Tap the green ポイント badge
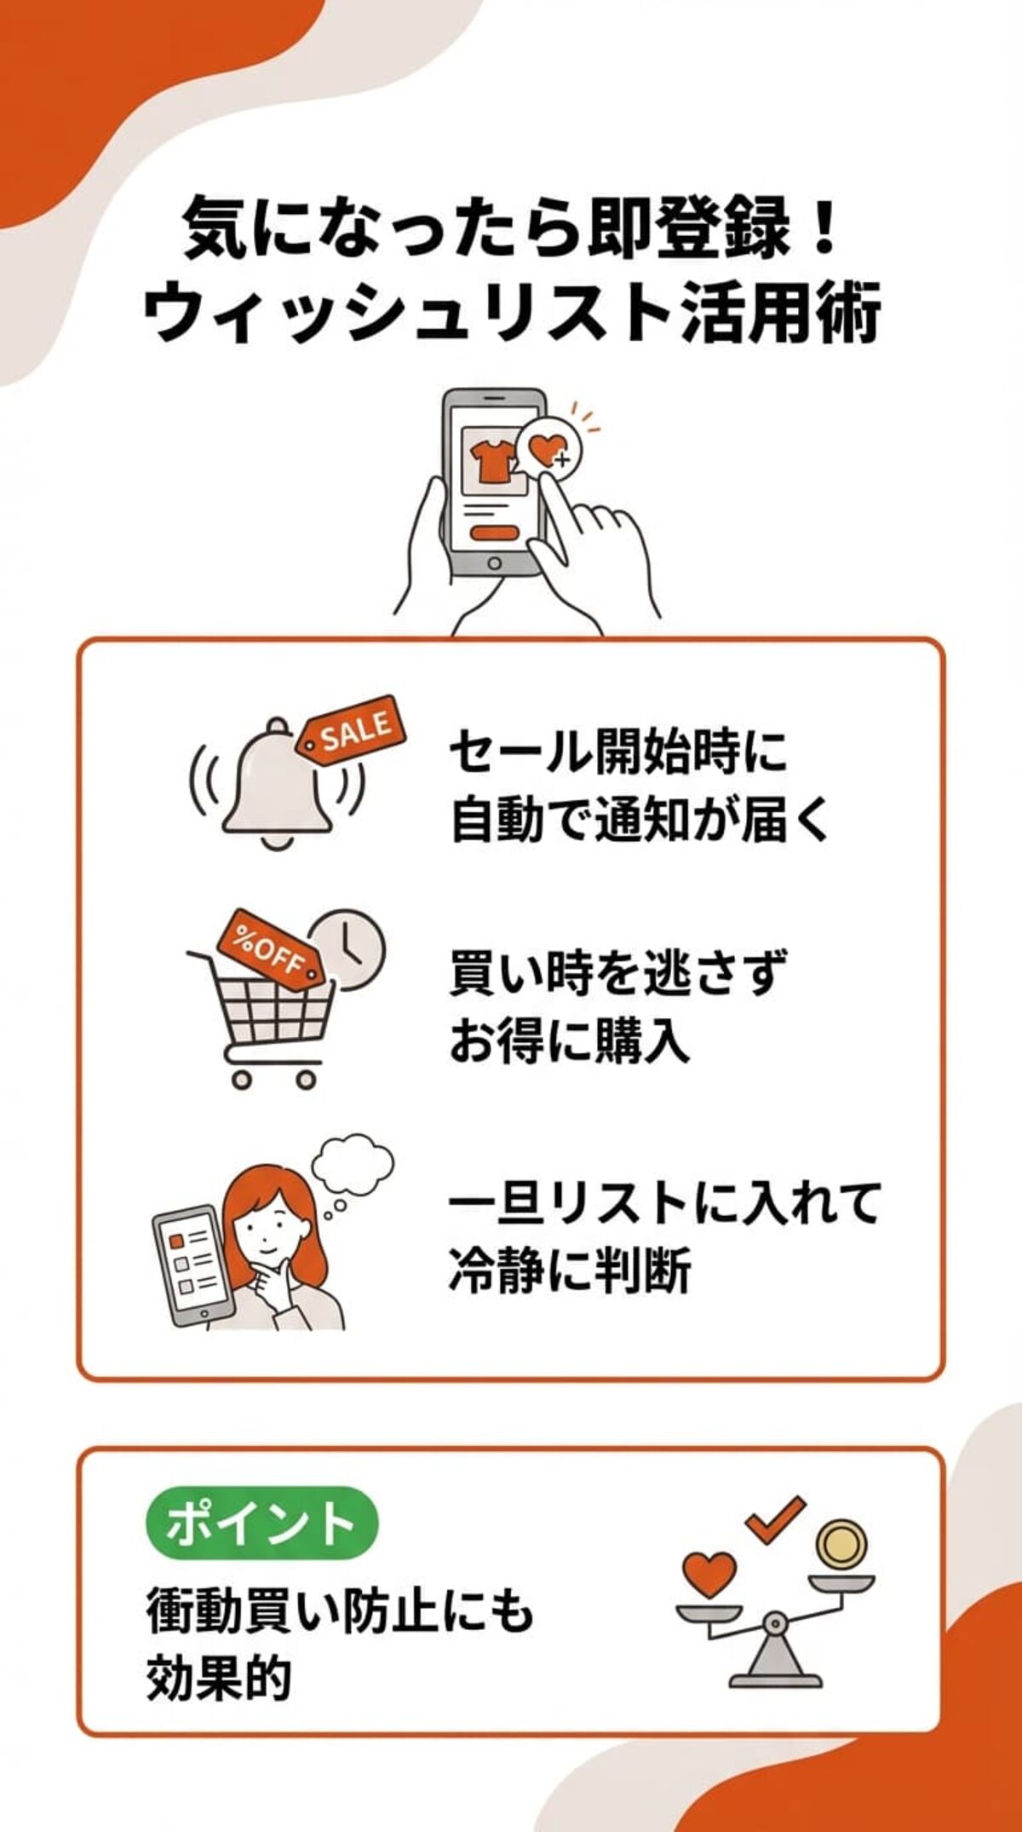(261, 1523)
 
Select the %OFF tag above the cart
(269, 948)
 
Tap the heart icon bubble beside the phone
(547, 446)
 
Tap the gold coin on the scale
(842, 1541)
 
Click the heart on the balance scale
(709, 1572)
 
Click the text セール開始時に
(618, 752)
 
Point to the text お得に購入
(568, 1040)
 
